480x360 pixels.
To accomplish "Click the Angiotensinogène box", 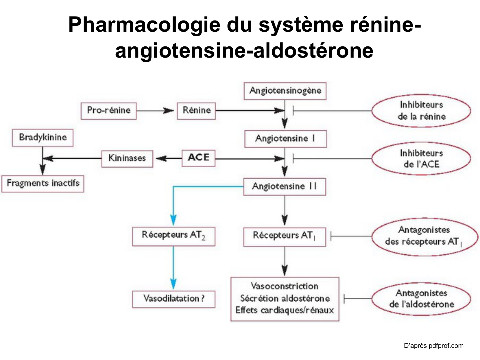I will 285,91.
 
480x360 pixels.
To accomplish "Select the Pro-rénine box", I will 108,111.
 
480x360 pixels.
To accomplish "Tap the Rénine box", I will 196,111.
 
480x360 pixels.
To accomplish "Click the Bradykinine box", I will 43,138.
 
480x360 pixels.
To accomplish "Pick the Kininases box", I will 127,158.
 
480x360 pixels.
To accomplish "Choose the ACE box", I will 198,158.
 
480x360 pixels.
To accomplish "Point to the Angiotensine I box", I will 285,139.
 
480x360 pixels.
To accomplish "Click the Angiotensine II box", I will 284,187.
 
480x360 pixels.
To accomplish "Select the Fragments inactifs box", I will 43,183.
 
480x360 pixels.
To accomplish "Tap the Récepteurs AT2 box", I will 173,236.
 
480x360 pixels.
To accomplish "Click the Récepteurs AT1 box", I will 284,236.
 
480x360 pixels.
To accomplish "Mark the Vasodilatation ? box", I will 173,299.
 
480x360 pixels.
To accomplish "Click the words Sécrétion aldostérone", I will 285,299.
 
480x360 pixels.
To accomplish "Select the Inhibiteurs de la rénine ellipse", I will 421,111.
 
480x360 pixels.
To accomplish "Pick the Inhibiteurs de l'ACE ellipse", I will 421,159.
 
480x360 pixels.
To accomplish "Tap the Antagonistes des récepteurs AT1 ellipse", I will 424,236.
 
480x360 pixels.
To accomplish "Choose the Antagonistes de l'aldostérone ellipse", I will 421,299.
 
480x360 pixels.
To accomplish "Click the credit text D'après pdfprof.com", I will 433,346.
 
